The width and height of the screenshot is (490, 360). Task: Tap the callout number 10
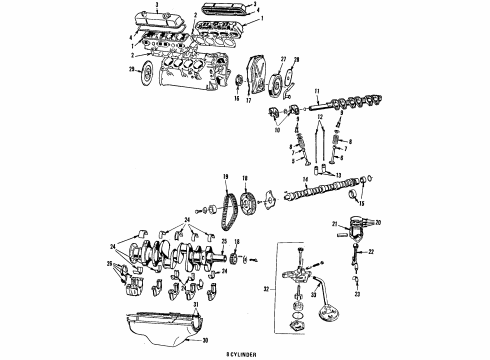click(x=276, y=130)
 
